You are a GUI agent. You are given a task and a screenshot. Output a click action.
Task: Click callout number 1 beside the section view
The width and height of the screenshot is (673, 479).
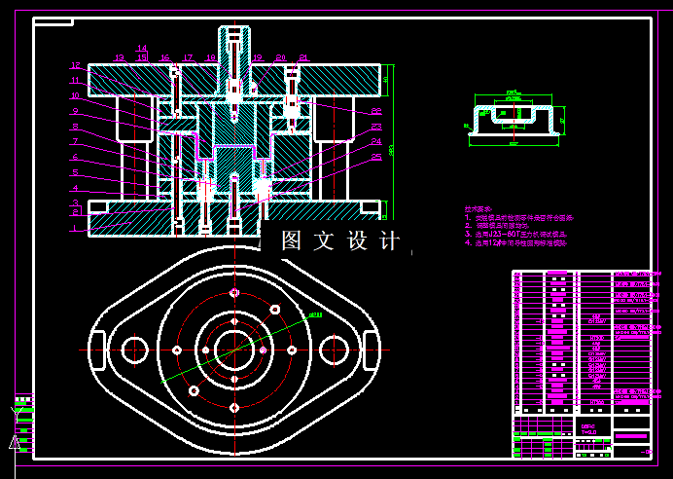[x=74, y=228]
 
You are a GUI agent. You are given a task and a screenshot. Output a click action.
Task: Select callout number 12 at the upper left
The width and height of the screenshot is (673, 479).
[x=75, y=65]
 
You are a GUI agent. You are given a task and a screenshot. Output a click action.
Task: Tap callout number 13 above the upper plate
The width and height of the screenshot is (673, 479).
[x=120, y=58]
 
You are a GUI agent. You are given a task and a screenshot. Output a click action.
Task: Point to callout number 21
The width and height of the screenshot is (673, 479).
[x=303, y=58]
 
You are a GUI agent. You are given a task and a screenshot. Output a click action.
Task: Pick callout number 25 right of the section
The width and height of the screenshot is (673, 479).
[x=375, y=156]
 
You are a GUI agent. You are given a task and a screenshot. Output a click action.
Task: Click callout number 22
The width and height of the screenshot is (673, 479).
[x=375, y=112]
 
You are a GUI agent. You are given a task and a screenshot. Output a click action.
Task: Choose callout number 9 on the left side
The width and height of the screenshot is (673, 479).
[x=74, y=111]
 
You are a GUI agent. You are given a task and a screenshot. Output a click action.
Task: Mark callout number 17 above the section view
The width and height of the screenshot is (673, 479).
[x=188, y=58]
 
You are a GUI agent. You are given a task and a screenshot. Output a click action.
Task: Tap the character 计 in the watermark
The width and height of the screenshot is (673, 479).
[x=390, y=240]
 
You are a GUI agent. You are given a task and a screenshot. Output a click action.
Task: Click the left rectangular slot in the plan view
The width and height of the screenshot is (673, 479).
[x=97, y=349]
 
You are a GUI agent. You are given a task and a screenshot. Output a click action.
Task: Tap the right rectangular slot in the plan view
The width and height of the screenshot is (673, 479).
[x=371, y=349]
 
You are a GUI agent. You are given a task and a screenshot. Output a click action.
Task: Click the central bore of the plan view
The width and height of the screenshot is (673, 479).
[x=233, y=350]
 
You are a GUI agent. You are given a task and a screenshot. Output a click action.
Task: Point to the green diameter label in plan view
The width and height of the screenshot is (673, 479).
[x=314, y=314]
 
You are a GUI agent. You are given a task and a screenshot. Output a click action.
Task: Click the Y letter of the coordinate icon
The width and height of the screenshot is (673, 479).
[x=15, y=412]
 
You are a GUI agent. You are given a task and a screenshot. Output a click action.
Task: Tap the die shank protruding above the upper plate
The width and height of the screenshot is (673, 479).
[x=233, y=44]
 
